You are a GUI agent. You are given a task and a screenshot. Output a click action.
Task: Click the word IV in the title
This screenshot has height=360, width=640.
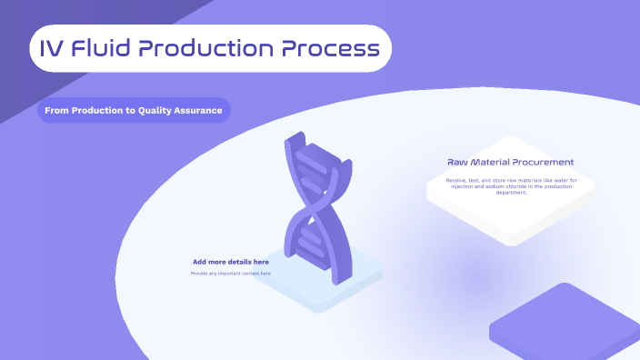pos(52,48)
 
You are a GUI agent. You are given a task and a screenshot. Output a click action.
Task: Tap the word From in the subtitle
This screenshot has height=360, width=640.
pos(57,111)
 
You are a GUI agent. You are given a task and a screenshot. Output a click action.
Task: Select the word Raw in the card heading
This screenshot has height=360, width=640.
pos(457,163)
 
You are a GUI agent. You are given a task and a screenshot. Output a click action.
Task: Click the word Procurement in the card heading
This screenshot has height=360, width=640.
pos(544,163)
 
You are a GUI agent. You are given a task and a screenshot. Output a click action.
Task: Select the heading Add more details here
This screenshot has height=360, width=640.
pos(230,262)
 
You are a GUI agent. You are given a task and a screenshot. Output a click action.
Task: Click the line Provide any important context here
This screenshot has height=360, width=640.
pos(230,273)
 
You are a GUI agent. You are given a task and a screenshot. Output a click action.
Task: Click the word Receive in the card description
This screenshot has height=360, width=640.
pos(456,180)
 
